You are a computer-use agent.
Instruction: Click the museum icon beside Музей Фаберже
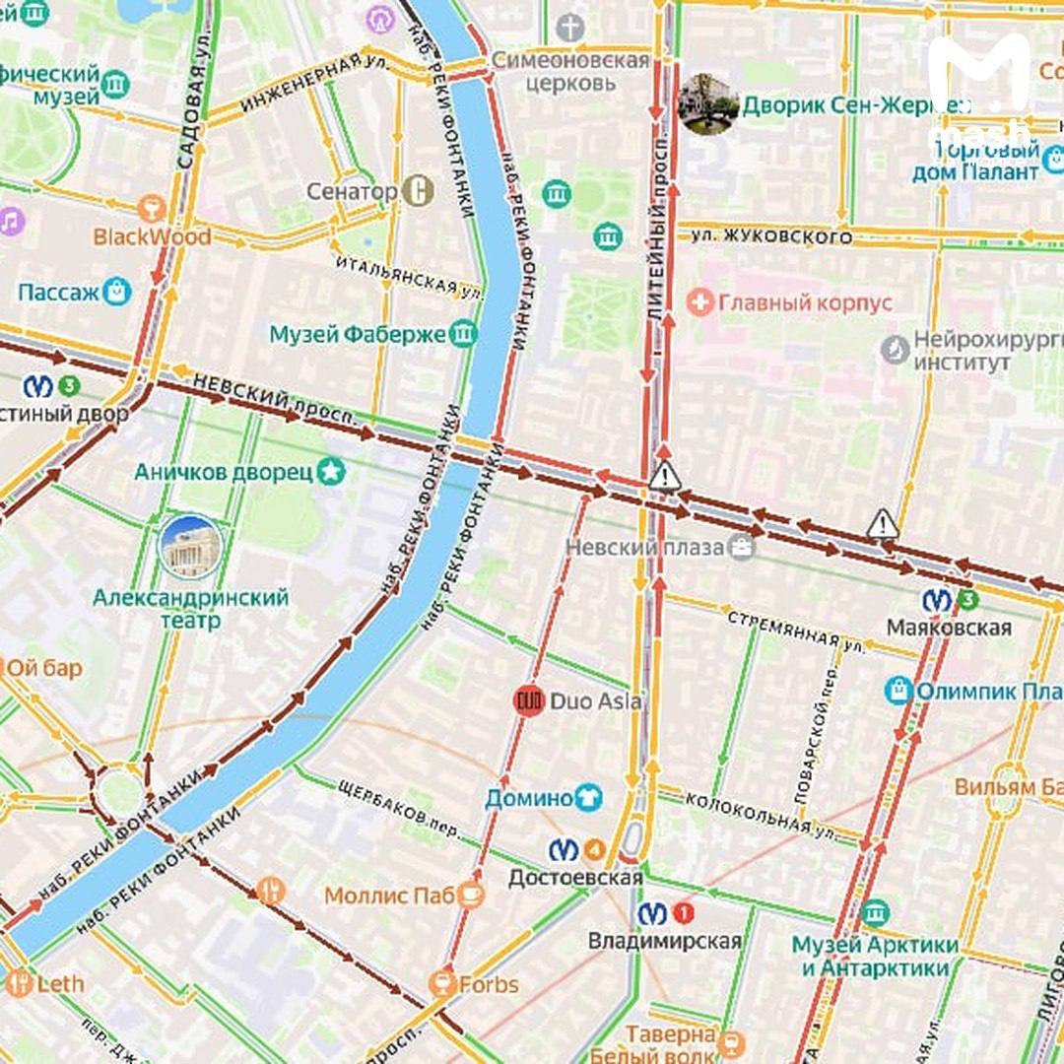click(462, 334)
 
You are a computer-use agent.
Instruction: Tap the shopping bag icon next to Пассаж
click(116, 292)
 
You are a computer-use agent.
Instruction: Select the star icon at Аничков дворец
click(331, 471)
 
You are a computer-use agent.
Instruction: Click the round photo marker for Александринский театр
click(190, 547)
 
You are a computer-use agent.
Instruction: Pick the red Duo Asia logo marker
click(529, 700)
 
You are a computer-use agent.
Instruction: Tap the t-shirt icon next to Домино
click(588, 797)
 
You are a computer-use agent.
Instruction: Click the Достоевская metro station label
click(575, 876)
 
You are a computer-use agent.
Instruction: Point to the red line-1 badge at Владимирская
click(683, 913)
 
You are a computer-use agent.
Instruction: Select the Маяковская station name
click(949, 628)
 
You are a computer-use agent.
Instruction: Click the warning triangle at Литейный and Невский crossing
click(665, 477)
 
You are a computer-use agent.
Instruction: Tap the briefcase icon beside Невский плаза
click(741, 547)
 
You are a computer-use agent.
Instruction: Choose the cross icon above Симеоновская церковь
click(569, 28)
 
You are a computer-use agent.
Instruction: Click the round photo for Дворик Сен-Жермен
click(708, 103)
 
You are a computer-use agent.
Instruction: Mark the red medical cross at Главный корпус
click(699, 302)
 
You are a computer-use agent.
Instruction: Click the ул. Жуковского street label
click(771, 236)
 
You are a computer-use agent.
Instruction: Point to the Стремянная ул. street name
click(796, 631)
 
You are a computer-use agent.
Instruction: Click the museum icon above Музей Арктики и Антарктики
click(874, 913)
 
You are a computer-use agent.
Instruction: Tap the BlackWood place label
click(152, 236)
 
